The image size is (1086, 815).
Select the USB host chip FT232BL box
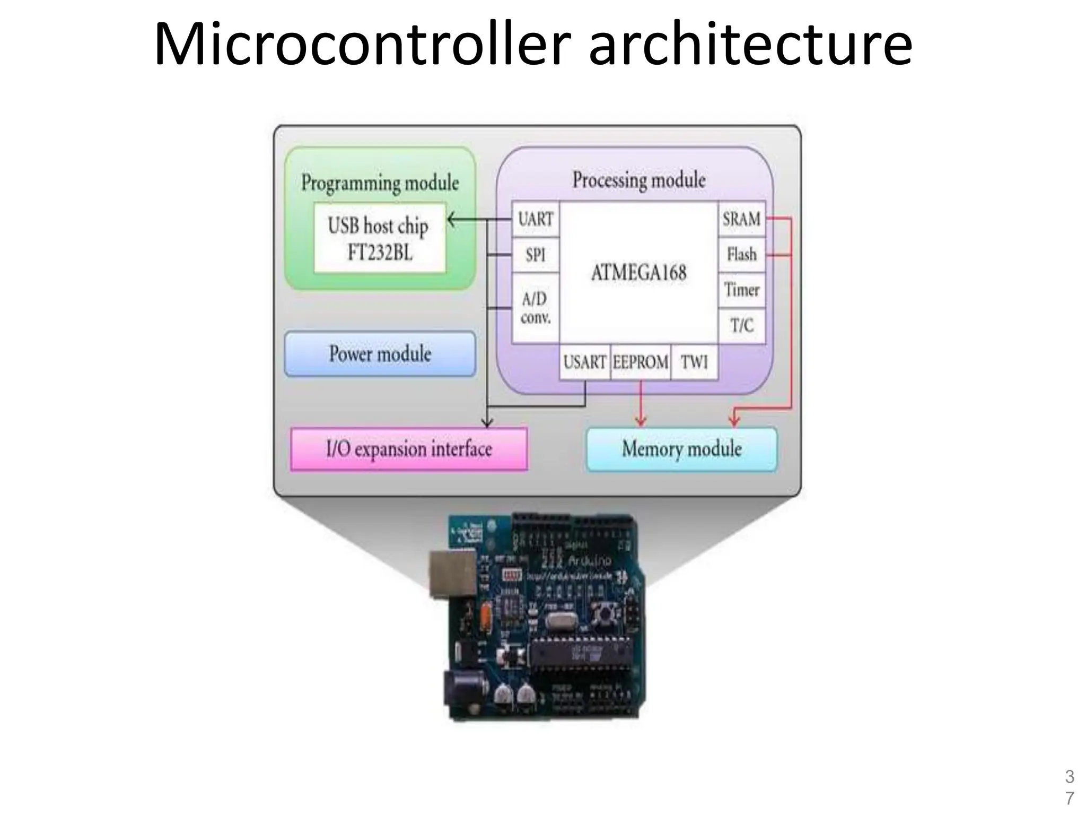pyautogui.click(x=379, y=238)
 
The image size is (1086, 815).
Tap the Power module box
pyautogui.click(x=380, y=354)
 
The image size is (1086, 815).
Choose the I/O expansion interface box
pyautogui.click(x=409, y=449)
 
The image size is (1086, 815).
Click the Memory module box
pyautogui.click(x=681, y=449)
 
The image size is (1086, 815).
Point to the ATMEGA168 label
pyautogui.click(x=638, y=273)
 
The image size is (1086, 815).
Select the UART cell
pyautogui.click(x=536, y=219)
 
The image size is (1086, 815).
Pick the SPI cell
pyautogui.click(x=536, y=255)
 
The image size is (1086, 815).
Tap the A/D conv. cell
pyautogui.click(x=536, y=308)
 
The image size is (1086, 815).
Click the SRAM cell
pyautogui.click(x=741, y=219)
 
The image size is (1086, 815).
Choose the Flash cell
pyautogui.click(x=741, y=255)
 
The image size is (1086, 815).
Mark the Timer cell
pyautogui.click(x=741, y=290)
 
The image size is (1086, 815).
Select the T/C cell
pyautogui.click(x=741, y=325)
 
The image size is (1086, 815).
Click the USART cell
pyautogui.click(x=584, y=362)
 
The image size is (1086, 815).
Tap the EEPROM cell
pyautogui.click(x=640, y=362)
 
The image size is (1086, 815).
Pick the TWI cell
pyautogui.click(x=694, y=362)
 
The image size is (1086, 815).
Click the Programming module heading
pyautogui.click(x=380, y=183)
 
